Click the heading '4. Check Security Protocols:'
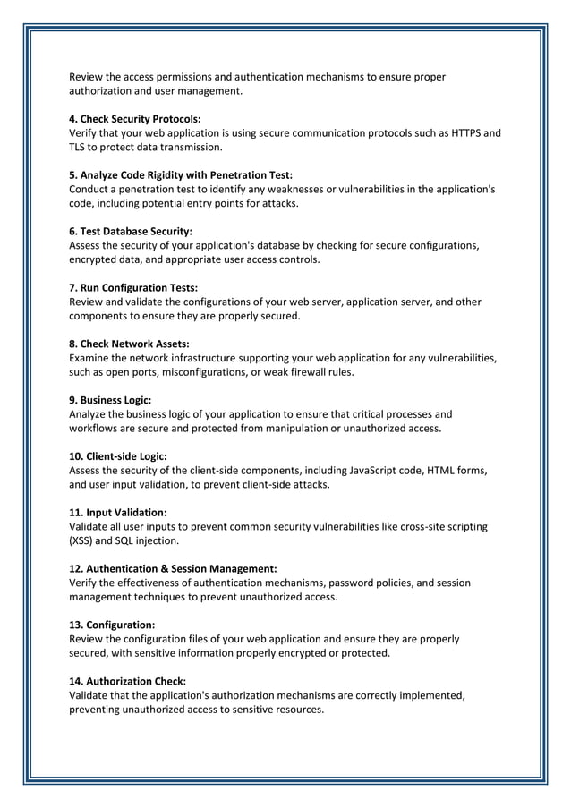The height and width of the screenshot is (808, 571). tap(135, 119)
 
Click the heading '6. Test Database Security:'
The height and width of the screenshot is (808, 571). tap(131, 231)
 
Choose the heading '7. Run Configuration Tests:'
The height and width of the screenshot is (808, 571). tap(133, 287)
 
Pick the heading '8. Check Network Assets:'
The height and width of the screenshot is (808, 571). tap(129, 344)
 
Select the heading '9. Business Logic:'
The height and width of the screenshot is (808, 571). tap(110, 400)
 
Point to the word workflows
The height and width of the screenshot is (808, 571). tap(95, 428)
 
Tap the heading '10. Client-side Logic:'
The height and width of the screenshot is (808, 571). tap(118, 456)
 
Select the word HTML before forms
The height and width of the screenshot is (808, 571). tap(442, 471)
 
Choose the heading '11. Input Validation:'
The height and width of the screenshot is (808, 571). tap(118, 512)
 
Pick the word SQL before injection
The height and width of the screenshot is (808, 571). tap(124, 540)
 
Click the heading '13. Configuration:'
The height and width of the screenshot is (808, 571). tap(112, 625)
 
